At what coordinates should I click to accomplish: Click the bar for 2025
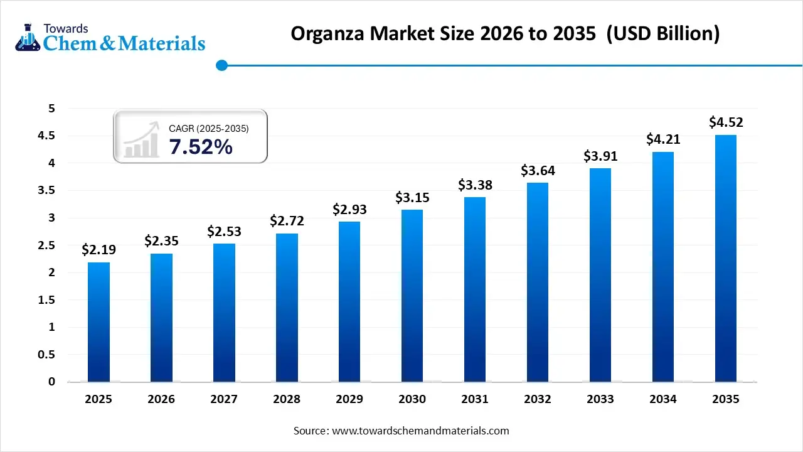(x=98, y=321)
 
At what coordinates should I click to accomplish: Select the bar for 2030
(x=412, y=295)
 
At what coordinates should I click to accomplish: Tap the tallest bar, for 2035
(x=726, y=258)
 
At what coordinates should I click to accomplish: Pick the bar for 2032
(x=538, y=282)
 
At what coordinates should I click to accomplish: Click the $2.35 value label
(x=161, y=241)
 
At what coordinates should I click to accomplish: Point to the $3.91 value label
(x=600, y=156)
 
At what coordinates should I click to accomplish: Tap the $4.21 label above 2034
(x=663, y=139)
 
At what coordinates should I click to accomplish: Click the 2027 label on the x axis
(x=224, y=399)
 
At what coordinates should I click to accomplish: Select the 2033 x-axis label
(x=600, y=399)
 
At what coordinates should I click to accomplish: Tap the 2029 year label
(x=349, y=399)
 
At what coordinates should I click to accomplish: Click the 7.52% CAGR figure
(x=201, y=148)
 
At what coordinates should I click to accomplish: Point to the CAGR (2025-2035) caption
(x=209, y=128)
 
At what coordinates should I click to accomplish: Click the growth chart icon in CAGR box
(x=141, y=141)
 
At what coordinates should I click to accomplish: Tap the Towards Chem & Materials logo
(x=110, y=38)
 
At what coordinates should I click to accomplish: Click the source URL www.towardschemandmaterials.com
(x=420, y=431)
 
